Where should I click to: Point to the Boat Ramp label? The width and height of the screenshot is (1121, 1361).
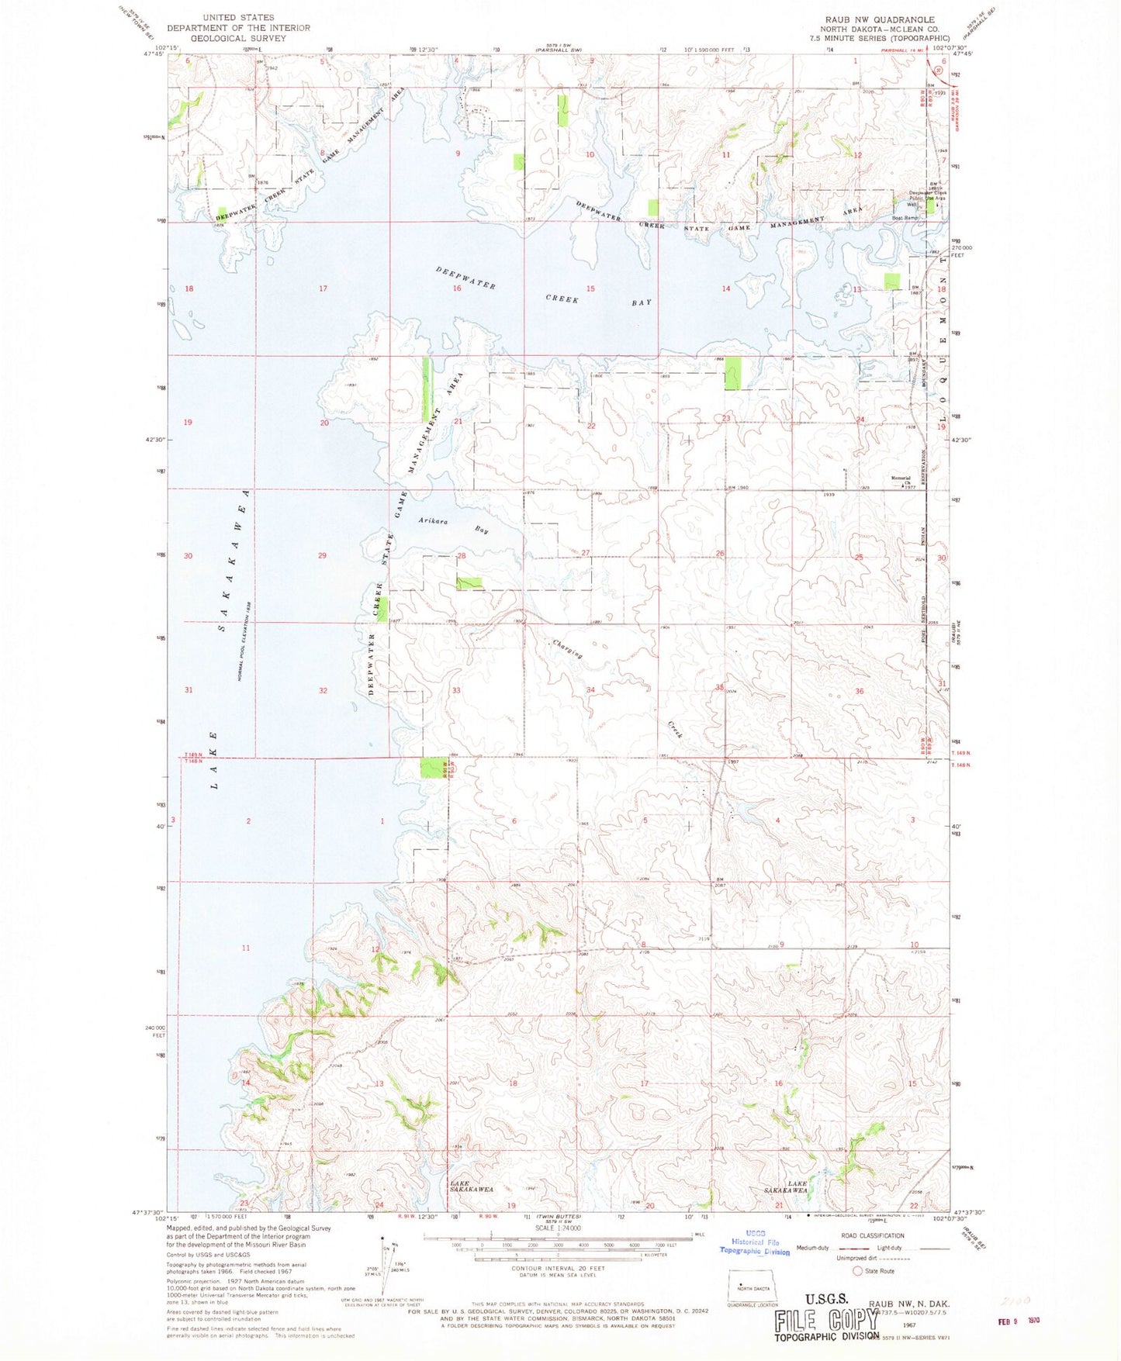click(x=905, y=218)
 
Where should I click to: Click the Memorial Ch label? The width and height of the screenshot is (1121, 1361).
click(x=901, y=480)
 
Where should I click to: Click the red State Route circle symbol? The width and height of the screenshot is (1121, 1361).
click(x=857, y=1271)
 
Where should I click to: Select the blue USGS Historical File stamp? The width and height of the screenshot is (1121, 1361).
click(x=755, y=1242)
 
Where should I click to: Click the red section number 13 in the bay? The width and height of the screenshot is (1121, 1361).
click(x=857, y=289)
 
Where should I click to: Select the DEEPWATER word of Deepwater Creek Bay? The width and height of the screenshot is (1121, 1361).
click(x=465, y=278)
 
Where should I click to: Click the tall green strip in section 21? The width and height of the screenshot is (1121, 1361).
click(x=426, y=389)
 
